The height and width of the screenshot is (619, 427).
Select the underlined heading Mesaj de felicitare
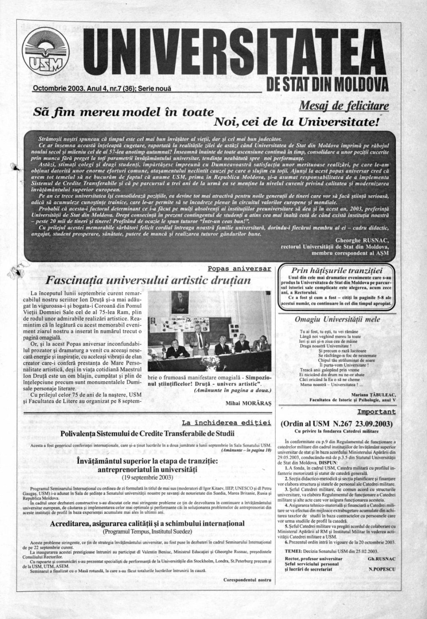344,107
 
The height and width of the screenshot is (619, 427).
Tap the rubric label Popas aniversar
242,269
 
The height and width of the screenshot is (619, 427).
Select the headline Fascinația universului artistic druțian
149,279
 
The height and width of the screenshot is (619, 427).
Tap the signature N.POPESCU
382,569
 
